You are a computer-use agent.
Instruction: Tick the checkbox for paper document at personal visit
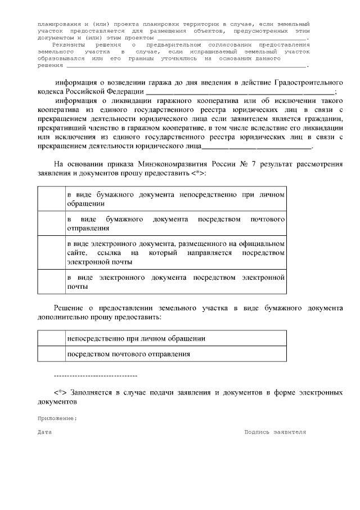pos(51,198)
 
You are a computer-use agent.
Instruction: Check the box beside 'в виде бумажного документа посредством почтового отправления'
pos(51,223)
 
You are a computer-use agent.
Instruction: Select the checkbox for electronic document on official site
pos(51,252)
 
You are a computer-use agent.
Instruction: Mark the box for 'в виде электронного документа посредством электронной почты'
pos(51,282)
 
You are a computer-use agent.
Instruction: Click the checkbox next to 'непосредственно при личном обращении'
pos(51,338)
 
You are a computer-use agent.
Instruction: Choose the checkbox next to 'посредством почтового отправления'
pos(51,354)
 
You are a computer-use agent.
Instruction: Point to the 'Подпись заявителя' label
pos(275,432)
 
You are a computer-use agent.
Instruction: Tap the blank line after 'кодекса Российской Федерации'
pos(240,91)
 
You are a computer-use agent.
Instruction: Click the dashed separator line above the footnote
pos(95,375)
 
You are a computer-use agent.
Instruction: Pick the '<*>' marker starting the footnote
pos(61,392)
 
